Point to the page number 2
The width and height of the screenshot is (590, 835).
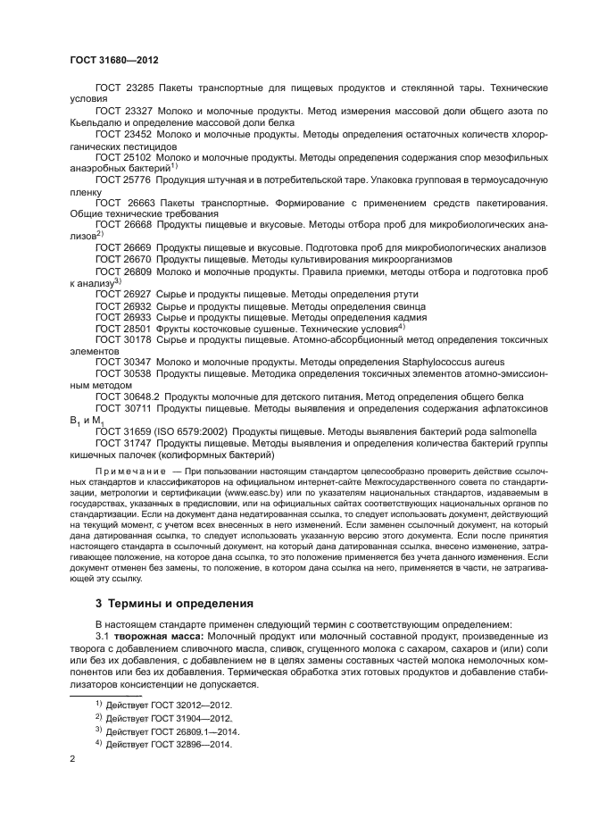tap(73, 759)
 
